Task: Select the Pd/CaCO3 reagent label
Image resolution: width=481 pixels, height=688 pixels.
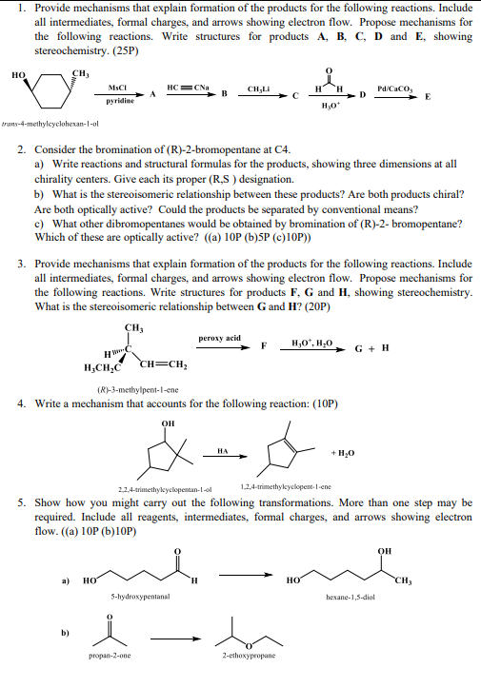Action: (392, 87)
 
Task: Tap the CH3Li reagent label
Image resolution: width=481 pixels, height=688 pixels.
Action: (259, 88)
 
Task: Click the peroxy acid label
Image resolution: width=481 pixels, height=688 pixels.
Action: (219, 339)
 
